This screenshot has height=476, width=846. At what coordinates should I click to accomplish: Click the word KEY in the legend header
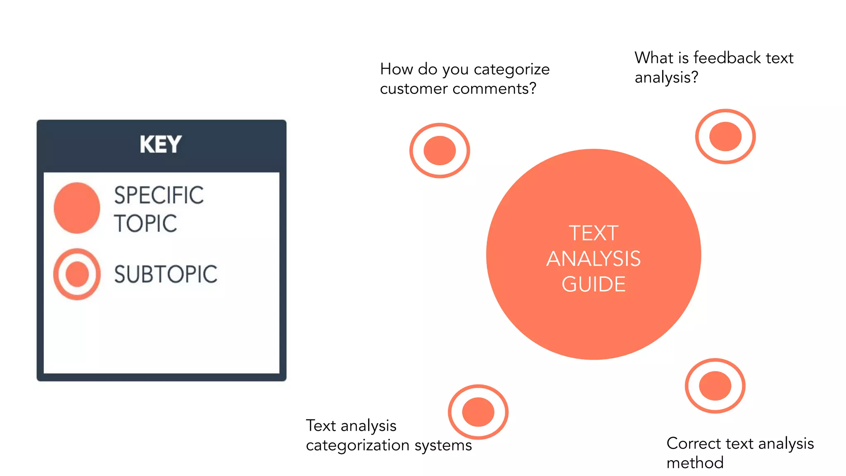(x=161, y=144)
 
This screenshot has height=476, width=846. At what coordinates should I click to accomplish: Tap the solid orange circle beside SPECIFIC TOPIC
(x=77, y=208)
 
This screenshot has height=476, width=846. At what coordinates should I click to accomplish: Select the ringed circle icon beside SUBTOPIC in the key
(x=77, y=274)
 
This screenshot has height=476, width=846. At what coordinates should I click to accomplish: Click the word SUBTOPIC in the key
(x=166, y=274)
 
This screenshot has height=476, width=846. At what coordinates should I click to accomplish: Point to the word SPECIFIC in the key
(x=159, y=195)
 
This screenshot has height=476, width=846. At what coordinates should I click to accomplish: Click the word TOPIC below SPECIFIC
(x=145, y=224)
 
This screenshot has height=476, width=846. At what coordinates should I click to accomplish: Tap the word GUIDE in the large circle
(x=594, y=284)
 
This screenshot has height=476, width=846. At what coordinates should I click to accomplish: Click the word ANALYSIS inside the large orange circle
(x=594, y=259)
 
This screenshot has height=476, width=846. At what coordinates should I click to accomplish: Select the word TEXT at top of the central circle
(x=594, y=233)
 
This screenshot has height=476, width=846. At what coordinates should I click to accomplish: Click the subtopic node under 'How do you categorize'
(x=440, y=150)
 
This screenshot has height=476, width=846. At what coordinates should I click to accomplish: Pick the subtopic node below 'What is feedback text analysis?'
(x=725, y=136)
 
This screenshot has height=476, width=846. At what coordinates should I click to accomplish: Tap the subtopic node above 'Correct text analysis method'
(x=715, y=386)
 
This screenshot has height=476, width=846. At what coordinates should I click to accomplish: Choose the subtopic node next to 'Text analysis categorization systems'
(x=478, y=412)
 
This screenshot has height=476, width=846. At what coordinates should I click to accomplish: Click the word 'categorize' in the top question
(x=511, y=69)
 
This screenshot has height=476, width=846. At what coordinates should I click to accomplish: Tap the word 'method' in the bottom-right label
(x=695, y=463)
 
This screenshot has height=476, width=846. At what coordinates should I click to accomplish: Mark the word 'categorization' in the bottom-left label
(x=358, y=445)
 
